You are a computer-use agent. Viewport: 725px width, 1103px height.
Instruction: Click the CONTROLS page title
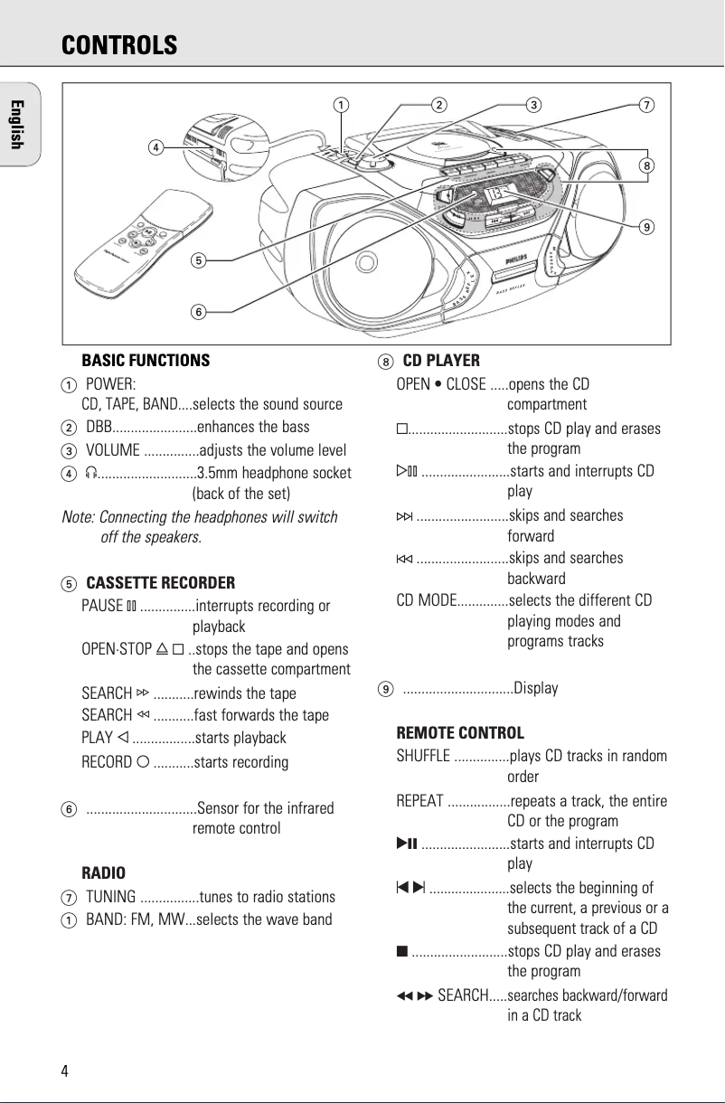pyautogui.click(x=119, y=45)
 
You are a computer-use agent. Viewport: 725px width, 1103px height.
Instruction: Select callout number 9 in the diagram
pyautogui.click(x=646, y=226)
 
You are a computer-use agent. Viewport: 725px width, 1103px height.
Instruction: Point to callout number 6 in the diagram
pyautogui.click(x=197, y=312)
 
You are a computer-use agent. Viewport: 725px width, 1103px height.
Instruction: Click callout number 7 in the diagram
pyautogui.click(x=645, y=105)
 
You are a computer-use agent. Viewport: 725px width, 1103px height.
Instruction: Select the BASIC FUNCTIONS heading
pyautogui.click(x=146, y=361)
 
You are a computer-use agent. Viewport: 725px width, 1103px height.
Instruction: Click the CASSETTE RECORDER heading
pyautogui.click(x=160, y=582)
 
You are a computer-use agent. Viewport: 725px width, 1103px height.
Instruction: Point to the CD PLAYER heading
pyautogui.click(x=441, y=361)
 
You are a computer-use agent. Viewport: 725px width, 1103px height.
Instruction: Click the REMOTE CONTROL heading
pyautogui.click(x=460, y=732)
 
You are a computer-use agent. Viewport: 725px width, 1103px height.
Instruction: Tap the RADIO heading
pyautogui.click(x=103, y=873)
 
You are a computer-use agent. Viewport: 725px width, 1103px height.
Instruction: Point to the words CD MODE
pyautogui.click(x=425, y=600)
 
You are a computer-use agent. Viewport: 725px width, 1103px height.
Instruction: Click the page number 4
pyautogui.click(x=64, y=1071)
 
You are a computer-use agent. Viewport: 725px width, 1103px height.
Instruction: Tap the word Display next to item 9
pyautogui.click(x=536, y=688)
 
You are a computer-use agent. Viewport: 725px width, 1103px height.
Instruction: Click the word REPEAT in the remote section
pyautogui.click(x=419, y=801)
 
